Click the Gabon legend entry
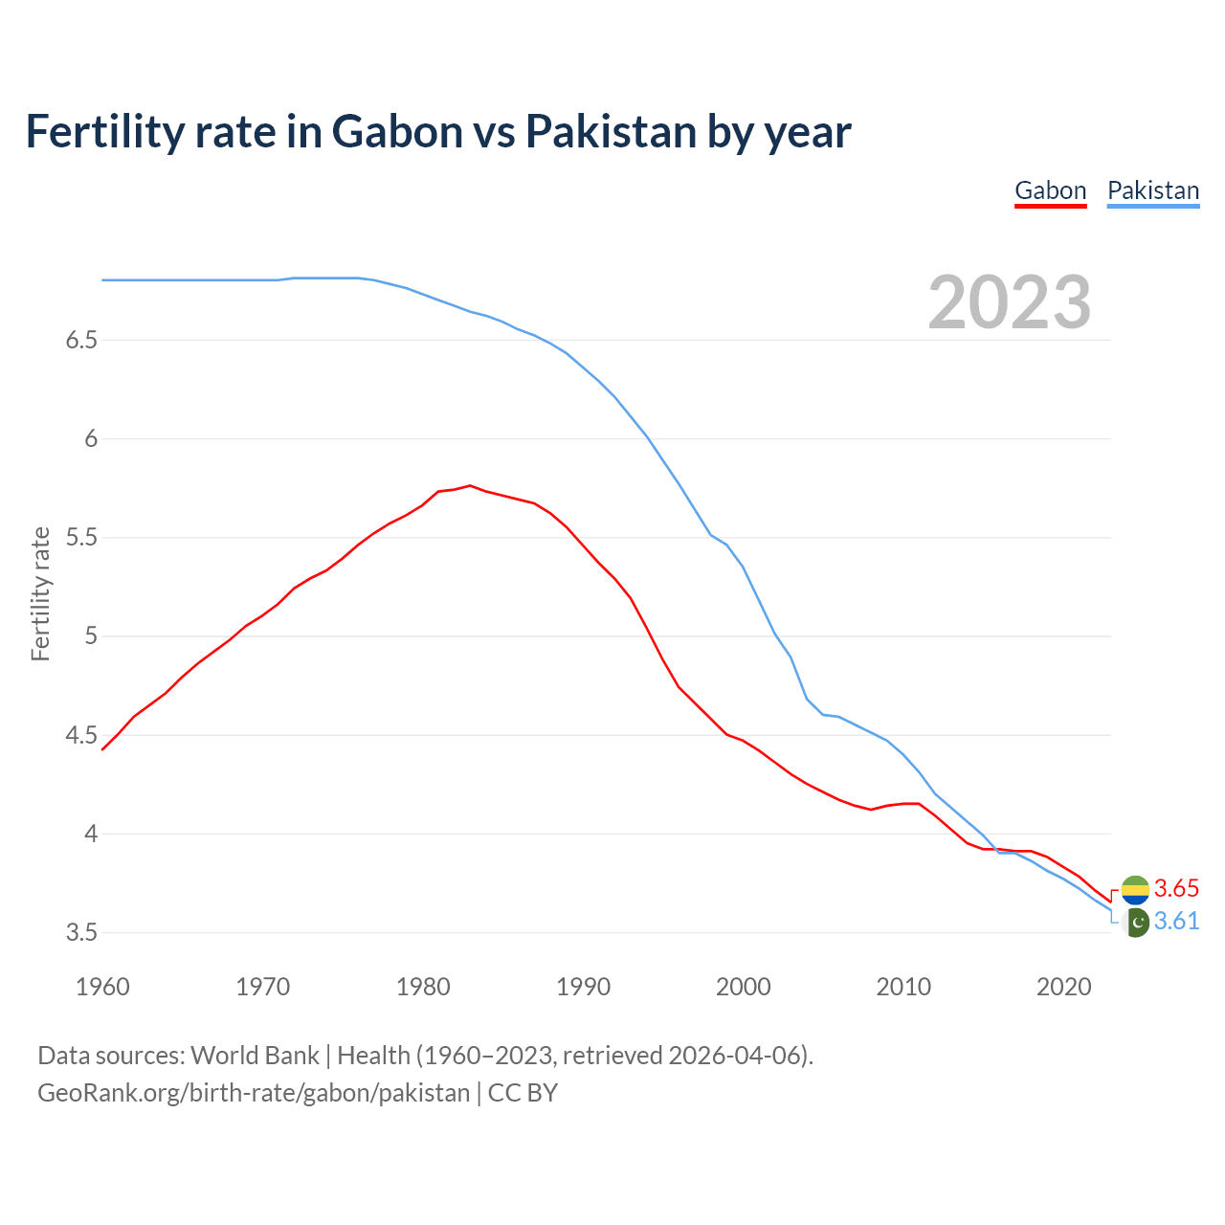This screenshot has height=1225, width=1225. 1050,190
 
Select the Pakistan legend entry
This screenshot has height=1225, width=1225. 1152,190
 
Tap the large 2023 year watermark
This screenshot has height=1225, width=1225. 1009,302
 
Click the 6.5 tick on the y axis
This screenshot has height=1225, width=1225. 81,341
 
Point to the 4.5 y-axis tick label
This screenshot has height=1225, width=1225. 81,735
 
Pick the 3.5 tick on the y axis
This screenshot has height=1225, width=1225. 81,932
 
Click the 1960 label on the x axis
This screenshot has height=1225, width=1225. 102,987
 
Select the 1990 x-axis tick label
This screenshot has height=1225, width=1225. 583,987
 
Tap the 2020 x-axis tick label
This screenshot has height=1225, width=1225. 1063,987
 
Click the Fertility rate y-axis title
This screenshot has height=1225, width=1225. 40,593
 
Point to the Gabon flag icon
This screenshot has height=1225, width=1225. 1135,890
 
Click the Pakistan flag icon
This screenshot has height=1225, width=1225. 1135,923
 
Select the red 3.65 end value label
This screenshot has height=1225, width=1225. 1176,889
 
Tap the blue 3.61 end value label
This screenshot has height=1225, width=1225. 1176,922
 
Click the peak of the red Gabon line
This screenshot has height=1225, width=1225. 470,485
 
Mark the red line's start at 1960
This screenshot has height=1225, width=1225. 102,748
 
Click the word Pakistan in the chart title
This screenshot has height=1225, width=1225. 611,132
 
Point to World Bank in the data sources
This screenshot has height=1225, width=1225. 255,1056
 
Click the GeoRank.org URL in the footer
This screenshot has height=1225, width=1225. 254,1093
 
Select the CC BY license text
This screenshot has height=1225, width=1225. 523,1093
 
